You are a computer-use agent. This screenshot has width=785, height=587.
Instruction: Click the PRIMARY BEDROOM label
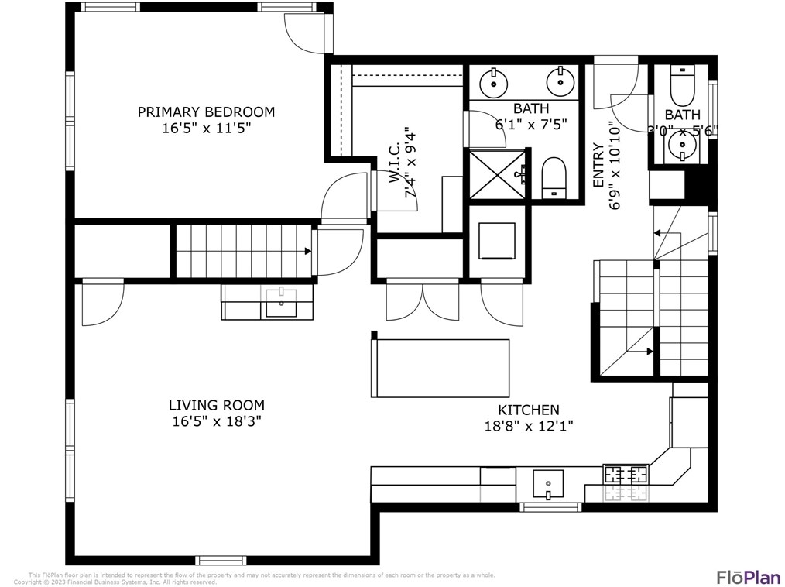206,112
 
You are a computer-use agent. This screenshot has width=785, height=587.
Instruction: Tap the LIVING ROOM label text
216,405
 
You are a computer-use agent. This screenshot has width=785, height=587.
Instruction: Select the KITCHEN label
528,410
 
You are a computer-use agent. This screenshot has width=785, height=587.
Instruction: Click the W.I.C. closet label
394,177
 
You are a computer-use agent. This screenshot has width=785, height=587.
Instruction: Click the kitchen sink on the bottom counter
548,484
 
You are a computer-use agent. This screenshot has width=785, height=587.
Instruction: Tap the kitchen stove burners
625,474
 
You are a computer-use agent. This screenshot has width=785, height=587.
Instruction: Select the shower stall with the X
495,175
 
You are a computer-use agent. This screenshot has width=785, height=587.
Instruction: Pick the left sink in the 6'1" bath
492,80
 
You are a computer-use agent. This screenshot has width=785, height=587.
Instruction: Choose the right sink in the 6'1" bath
558,80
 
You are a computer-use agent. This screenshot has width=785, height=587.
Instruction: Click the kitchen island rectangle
441,368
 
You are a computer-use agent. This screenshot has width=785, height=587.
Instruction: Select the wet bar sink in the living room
280,303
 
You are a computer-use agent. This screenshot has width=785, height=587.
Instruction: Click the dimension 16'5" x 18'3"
216,422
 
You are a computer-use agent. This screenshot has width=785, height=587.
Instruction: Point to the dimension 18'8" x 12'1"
528,426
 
